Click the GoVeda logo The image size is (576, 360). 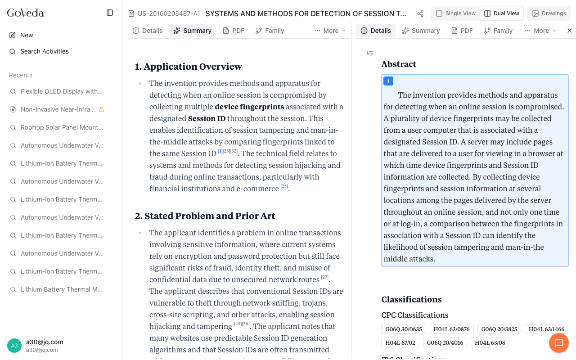click(x=26, y=13)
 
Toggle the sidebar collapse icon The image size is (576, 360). click(x=110, y=13)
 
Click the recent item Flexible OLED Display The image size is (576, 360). click(x=61, y=91)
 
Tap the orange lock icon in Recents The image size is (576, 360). click(x=102, y=109)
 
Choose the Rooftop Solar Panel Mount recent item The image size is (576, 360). click(x=61, y=127)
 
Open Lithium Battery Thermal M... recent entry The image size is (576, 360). click(x=61, y=289)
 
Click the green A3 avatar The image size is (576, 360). click(x=14, y=346)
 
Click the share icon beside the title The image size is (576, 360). click(x=420, y=13)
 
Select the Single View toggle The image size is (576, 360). click(x=456, y=13)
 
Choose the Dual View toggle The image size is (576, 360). click(x=502, y=13)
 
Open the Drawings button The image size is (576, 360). click(x=549, y=13)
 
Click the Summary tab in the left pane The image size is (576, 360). click(x=193, y=31)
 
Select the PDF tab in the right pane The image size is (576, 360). click(x=462, y=31)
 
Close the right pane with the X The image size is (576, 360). click(x=569, y=31)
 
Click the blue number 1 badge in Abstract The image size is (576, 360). click(x=388, y=81)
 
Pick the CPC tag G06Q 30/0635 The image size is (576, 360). click(x=404, y=329)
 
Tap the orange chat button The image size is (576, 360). click(x=559, y=343)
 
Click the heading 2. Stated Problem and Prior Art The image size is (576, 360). click(x=205, y=216)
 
